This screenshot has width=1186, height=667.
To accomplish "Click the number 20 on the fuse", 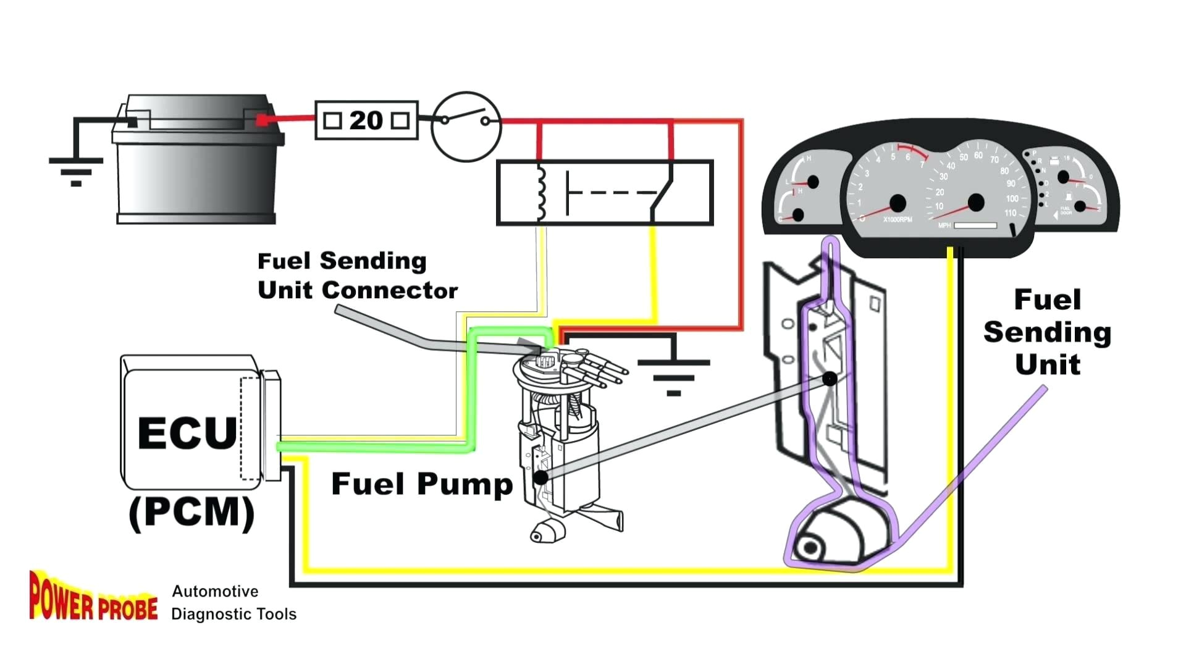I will click(x=366, y=120).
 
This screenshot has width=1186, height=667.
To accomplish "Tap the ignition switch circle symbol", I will click(x=466, y=127).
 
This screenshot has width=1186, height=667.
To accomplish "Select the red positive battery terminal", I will click(x=262, y=120).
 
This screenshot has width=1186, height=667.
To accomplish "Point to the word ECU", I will click(x=187, y=433).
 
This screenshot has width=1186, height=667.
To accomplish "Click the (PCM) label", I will click(x=191, y=513).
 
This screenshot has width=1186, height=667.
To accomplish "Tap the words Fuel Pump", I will click(x=422, y=484).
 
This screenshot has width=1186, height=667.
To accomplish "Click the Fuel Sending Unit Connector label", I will click(x=356, y=275).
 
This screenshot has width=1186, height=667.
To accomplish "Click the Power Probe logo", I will click(x=93, y=597).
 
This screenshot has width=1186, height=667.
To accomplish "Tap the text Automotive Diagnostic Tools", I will click(x=233, y=603).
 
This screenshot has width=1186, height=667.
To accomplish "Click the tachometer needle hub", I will click(x=898, y=203).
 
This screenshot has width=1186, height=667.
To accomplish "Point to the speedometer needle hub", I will click(x=976, y=202).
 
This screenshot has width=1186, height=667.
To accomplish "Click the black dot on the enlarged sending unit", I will click(x=830, y=379).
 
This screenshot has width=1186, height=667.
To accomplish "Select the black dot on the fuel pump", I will click(x=540, y=477).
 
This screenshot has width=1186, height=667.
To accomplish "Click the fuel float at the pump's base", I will click(x=547, y=531).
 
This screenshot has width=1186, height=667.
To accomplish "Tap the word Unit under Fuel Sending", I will click(x=1048, y=364).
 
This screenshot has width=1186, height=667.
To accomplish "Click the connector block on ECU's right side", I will click(x=272, y=425).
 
